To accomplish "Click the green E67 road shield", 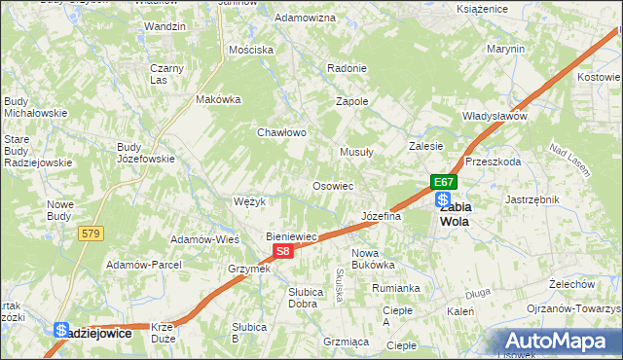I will (x=444, y=182).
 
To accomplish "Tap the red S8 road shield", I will (x=281, y=251).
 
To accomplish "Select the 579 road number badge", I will (x=92, y=234).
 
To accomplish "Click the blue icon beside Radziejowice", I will (x=61, y=331).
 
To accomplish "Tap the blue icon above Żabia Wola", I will (x=443, y=198).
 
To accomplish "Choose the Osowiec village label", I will (x=332, y=186).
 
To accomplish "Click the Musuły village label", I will (x=356, y=152).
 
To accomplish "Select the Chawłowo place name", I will (x=282, y=132).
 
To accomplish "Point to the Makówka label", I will (x=218, y=99).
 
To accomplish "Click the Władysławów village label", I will (x=495, y=116).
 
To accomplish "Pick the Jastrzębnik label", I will (x=531, y=199).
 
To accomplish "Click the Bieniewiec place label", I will (x=293, y=236).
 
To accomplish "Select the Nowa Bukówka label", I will (x=372, y=258).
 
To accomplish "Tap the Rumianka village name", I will (x=395, y=288).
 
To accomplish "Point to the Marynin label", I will (x=505, y=49).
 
